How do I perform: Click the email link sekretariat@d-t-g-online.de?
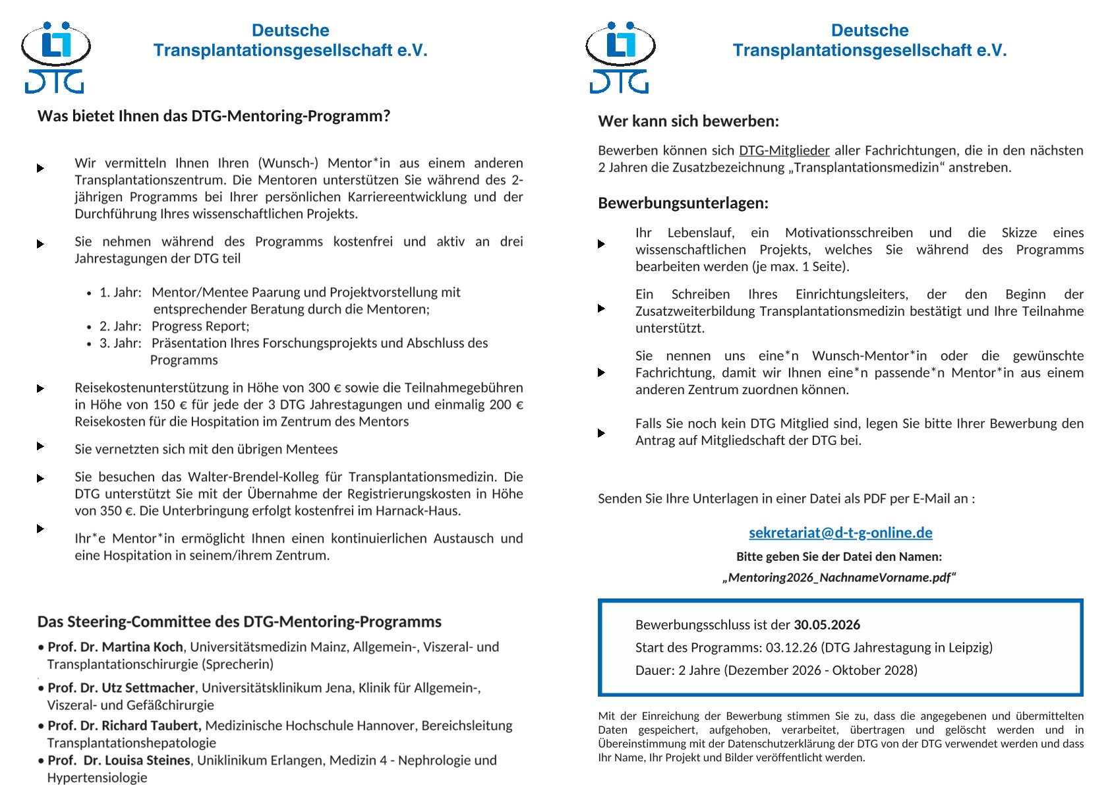pos(840,533)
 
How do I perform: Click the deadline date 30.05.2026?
pos(827,625)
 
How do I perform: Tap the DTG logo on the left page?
pos(55,57)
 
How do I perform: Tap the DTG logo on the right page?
pos(620,57)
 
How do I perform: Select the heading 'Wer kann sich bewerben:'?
pos(688,121)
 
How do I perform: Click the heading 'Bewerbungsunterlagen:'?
pos(683,203)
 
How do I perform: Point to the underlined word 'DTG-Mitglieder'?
pos(784,150)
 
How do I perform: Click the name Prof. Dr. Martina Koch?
pos(115,647)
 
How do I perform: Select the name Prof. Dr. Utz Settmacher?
pos(121,688)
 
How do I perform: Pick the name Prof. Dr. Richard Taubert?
pos(124,726)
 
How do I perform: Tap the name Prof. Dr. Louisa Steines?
pos(119,761)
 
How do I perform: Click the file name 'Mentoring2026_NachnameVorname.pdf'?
pos(839,578)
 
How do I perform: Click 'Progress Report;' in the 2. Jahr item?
pos(200,326)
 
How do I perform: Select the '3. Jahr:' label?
pos(121,343)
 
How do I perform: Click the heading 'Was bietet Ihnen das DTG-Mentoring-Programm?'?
pos(214,116)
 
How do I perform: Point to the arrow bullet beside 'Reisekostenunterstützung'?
pos(41,388)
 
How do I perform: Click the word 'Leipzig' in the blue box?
pos(968,647)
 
